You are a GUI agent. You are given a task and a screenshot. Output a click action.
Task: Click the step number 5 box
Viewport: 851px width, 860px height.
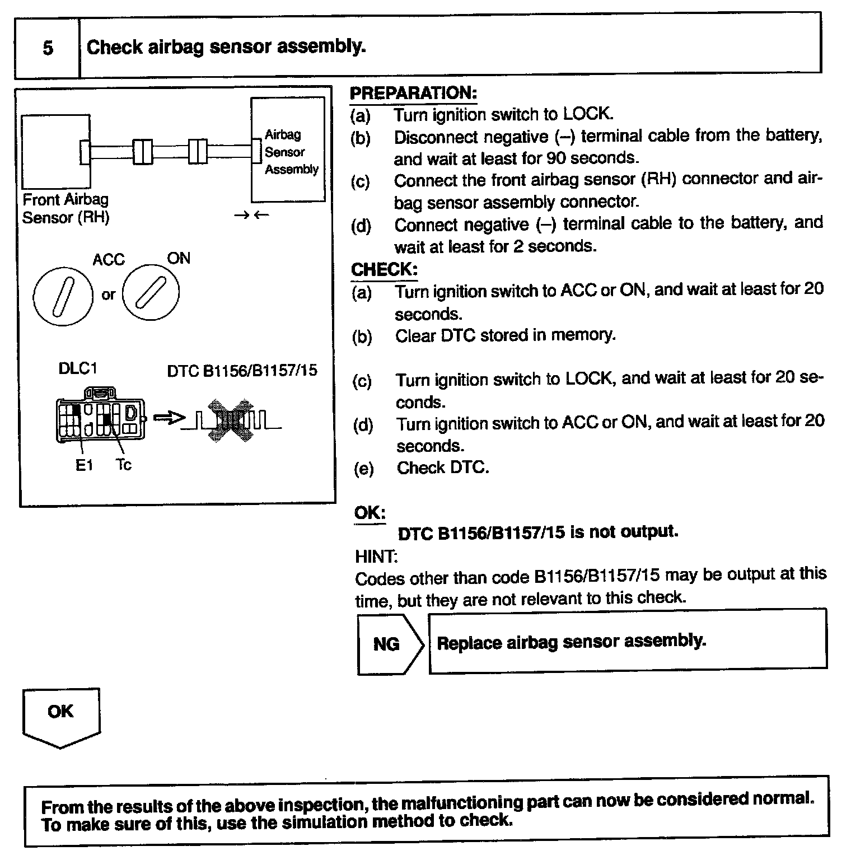coord(48,48)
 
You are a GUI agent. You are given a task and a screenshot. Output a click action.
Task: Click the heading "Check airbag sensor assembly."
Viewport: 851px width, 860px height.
coord(226,46)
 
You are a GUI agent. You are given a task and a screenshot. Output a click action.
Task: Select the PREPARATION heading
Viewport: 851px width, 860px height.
coord(413,93)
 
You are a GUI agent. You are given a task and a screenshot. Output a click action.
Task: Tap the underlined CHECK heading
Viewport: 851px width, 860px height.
coord(384,269)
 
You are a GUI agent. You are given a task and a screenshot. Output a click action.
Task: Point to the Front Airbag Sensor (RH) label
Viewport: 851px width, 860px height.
coord(66,208)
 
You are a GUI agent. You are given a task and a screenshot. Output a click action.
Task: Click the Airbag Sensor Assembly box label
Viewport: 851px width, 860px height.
coord(291,152)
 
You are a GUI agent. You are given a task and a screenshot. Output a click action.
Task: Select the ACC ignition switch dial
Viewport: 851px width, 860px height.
coord(62,295)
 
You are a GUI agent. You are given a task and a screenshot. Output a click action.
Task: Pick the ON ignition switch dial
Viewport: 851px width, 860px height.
coord(151,292)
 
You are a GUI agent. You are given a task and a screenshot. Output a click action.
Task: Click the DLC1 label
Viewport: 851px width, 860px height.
coord(78,368)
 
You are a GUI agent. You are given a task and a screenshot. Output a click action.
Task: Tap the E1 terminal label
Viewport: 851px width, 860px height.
coord(83,465)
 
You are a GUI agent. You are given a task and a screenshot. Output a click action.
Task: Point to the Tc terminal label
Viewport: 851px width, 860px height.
coord(124,465)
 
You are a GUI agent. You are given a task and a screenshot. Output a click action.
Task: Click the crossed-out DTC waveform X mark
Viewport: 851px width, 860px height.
coord(228,420)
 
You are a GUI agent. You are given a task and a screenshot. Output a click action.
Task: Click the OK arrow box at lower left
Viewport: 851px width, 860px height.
coord(61,716)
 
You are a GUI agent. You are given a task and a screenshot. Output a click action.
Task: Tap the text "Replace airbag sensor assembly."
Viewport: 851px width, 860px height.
coord(571,642)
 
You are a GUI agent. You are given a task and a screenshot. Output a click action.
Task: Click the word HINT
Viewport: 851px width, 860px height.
coord(376,557)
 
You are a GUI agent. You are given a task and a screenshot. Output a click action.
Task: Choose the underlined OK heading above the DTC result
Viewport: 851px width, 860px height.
coord(370,512)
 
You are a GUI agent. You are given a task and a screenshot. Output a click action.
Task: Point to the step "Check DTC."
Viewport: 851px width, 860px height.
coord(442,468)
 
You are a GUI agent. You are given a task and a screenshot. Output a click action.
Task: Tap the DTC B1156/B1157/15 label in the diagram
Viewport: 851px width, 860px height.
coord(242,371)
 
